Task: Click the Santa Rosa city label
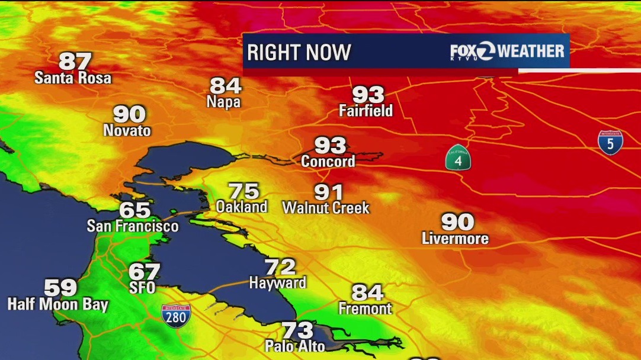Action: point(73,78)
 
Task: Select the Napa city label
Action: point(223,102)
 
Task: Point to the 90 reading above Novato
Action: point(129,114)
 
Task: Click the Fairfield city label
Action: point(366,110)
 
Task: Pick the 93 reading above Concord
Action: point(330,145)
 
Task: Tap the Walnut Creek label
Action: point(326,208)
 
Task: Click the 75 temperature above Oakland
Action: point(244,191)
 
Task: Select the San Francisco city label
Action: point(133,226)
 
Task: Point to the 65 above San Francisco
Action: point(135,210)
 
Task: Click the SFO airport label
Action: point(142,288)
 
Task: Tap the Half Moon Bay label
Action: point(58,305)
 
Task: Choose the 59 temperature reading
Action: point(60,288)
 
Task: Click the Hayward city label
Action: point(277,283)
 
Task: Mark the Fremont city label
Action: point(365,308)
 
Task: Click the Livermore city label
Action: point(455,238)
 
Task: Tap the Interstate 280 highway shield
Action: point(176,316)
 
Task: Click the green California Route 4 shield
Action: point(459,157)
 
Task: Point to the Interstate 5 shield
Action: point(610,143)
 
